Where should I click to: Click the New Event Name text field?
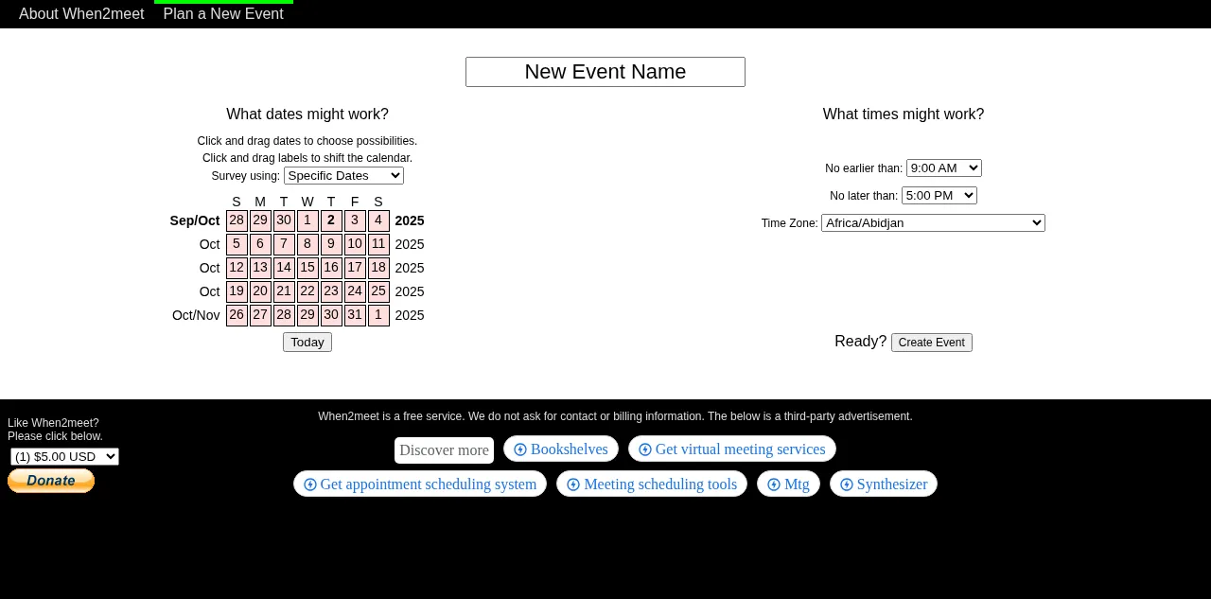[605, 72]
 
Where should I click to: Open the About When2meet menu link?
[81, 14]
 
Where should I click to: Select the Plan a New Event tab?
[223, 14]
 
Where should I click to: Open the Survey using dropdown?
[343, 176]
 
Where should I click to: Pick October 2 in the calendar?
[331, 220]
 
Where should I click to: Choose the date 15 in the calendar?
[307, 268]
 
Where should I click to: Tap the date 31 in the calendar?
[355, 315]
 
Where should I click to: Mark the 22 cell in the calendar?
[307, 291]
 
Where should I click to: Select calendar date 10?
[355, 244]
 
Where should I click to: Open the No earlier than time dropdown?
[944, 168]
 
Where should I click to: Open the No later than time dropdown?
[939, 196]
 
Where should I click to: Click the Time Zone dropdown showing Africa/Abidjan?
[933, 222]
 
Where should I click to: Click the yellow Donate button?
[51, 481]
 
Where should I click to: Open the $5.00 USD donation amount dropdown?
[64, 457]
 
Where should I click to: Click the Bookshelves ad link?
[561, 449]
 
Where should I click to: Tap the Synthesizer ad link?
[884, 484]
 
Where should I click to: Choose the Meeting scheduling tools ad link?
[652, 484]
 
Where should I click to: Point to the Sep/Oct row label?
[195, 220]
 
